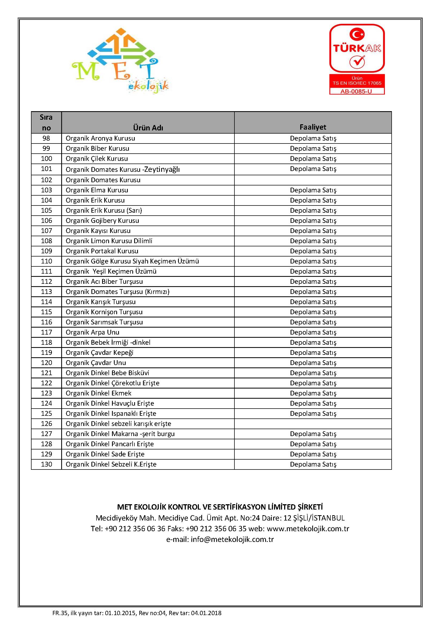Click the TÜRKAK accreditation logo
tap(357, 49)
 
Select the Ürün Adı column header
tap(148, 127)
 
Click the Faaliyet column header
tap(312, 127)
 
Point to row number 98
tap(46, 138)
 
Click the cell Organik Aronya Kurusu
tap(100, 138)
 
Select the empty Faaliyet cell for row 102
tap(312, 180)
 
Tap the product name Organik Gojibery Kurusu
tap(102, 220)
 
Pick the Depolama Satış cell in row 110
tap(313, 261)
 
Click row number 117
tap(46, 332)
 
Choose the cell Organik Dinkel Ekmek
tap(98, 393)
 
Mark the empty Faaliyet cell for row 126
tap(312, 424)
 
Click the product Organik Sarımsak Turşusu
tap(104, 322)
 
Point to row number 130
tap(46, 464)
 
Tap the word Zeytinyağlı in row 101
tap(162, 169)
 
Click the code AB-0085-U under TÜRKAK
tap(356, 91)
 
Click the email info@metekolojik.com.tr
tap(232, 539)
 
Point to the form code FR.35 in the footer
tap(60, 613)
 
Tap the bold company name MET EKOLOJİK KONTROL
tap(220, 507)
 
